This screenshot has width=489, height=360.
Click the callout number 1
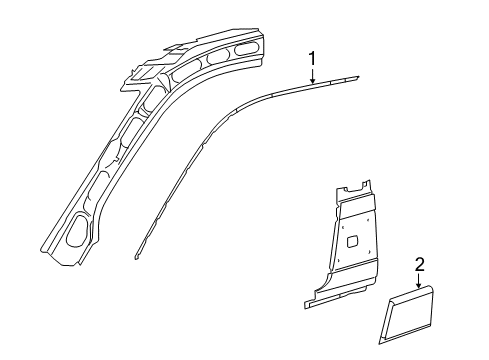click(x=312, y=58)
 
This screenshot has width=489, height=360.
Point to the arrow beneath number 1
click(x=312, y=76)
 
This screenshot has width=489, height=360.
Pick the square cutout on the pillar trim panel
click(x=353, y=240)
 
